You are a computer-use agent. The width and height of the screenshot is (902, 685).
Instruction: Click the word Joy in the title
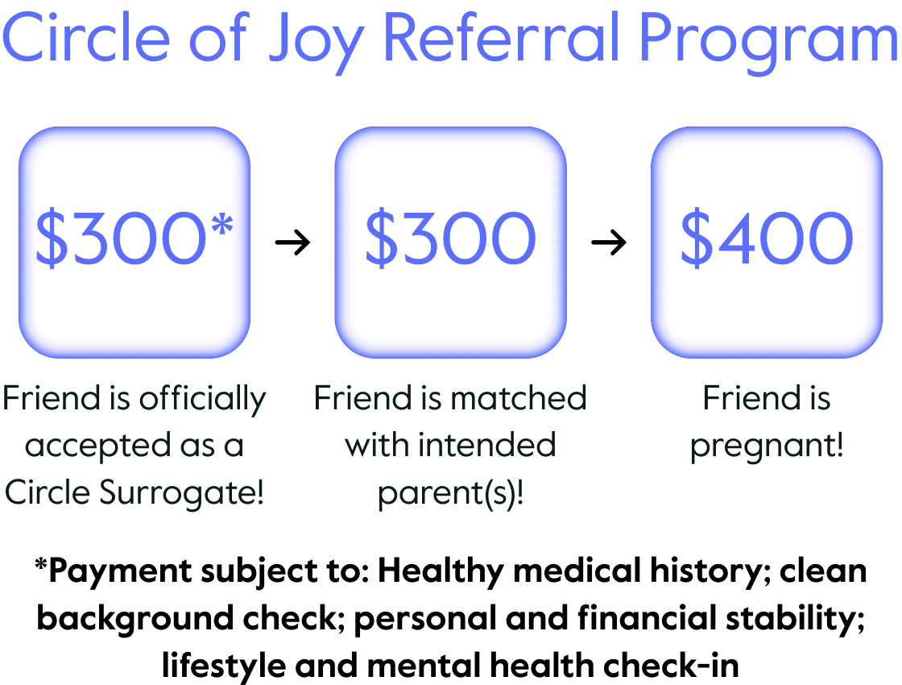(x=316, y=41)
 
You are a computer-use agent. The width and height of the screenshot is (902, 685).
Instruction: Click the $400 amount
(x=766, y=238)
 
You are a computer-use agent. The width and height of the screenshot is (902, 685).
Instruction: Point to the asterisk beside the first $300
(x=222, y=225)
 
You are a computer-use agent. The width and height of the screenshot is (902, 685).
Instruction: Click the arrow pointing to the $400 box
(x=609, y=242)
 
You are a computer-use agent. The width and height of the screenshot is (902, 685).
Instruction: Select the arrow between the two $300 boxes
(x=292, y=242)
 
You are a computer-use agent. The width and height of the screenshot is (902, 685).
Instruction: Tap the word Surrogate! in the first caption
(x=181, y=492)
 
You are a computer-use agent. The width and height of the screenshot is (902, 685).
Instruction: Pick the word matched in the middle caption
(x=519, y=398)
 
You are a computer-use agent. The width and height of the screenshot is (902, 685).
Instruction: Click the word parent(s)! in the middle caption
(x=450, y=494)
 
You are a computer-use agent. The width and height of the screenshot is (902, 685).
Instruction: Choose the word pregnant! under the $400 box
(x=767, y=446)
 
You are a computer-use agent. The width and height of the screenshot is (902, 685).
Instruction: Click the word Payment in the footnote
(x=120, y=572)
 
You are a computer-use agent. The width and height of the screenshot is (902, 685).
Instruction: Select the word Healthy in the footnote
(x=441, y=572)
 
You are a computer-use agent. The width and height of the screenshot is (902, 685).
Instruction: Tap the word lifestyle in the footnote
(x=224, y=666)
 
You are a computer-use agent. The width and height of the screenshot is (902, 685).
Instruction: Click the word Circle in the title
(x=86, y=37)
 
